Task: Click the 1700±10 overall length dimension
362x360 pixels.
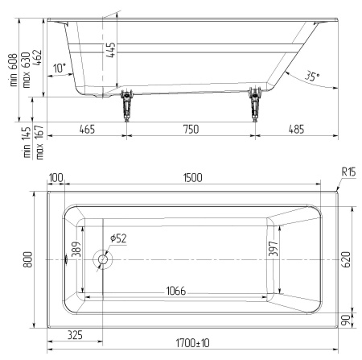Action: pyautogui.click(x=192, y=343)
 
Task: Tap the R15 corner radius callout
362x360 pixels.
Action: pyautogui.click(x=348, y=172)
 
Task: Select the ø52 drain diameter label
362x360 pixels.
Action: pyautogui.click(x=118, y=238)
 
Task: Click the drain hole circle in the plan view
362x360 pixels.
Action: pyautogui.click(x=103, y=259)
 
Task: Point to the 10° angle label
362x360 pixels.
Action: pyautogui.click(x=60, y=68)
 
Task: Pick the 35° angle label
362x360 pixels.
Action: pyautogui.click(x=312, y=76)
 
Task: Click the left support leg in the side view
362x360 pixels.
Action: pyautogui.click(x=126, y=106)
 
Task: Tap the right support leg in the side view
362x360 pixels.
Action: pyautogui.click(x=255, y=105)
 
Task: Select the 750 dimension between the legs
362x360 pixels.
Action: pyautogui.click(x=191, y=129)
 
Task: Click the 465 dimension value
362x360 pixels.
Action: pyautogui.click(x=87, y=129)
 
